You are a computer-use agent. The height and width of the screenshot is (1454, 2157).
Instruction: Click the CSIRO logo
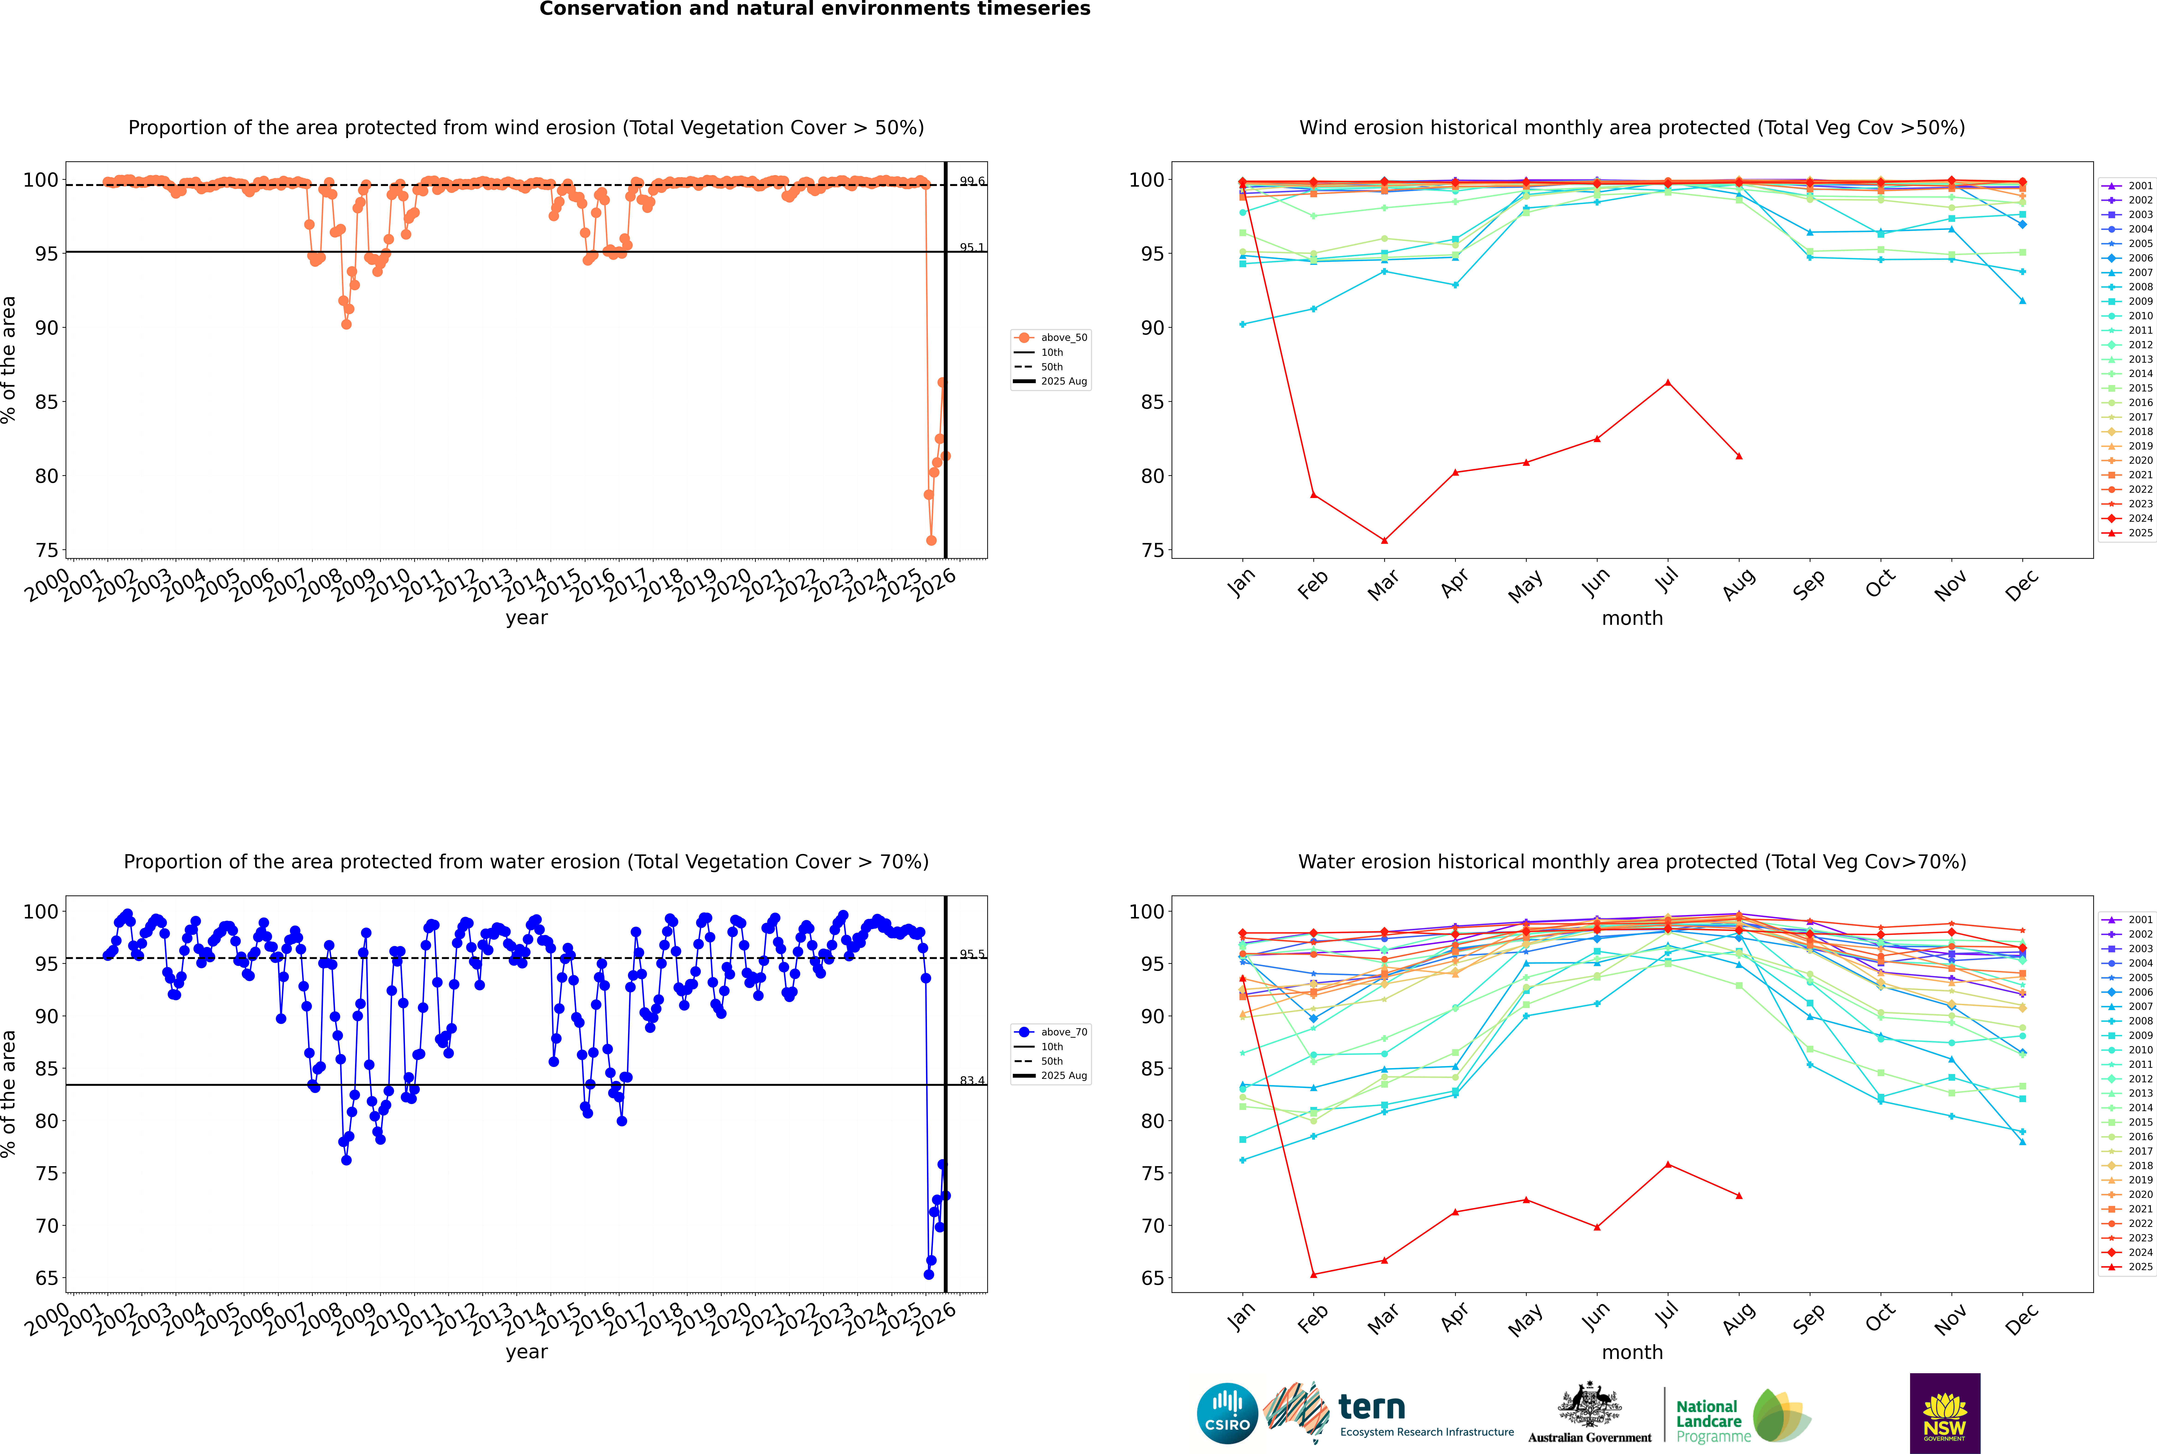[1227, 1413]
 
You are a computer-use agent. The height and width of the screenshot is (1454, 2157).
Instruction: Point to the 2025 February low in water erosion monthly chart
[1313, 1274]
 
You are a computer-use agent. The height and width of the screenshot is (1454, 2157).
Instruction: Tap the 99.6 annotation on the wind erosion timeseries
[972, 182]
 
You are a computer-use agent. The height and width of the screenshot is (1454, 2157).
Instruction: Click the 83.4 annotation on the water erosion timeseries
[972, 1080]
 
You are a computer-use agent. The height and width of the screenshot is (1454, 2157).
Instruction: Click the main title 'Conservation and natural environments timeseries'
[814, 9]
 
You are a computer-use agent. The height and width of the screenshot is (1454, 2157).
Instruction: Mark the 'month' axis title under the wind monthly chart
[1632, 619]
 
